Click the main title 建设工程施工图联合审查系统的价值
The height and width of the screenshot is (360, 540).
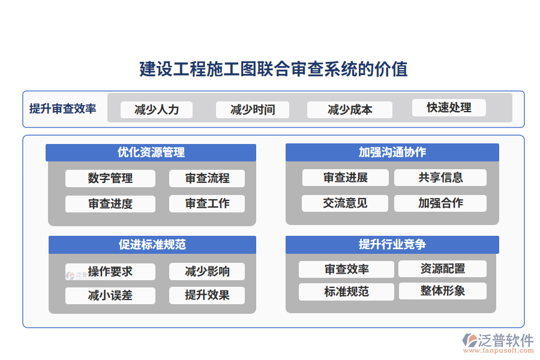click(274, 69)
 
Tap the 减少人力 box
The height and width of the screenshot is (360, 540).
click(157, 109)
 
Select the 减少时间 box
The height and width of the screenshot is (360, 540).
click(253, 109)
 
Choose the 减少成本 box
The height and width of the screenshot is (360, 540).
click(350, 109)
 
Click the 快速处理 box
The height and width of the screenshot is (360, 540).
click(449, 107)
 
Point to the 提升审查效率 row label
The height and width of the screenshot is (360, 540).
click(62, 109)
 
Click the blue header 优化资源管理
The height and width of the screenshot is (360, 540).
click(151, 152)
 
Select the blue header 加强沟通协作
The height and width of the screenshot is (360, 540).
click(392, 152)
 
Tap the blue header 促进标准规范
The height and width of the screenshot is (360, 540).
click(152, 244)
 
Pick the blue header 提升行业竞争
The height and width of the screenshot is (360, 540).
click(392, 244)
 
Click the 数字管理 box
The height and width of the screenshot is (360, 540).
click(110, 178)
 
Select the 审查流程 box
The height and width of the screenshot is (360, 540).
click(207, 178)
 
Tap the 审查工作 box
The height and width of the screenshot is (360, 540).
click(207, 203)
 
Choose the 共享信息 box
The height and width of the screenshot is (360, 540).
click(440, 177)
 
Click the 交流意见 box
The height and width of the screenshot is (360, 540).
click(345, 203)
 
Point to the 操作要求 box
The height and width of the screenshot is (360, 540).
click(110, 271)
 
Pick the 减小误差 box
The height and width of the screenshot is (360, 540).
click(110, 295)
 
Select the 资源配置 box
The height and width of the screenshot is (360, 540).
click(443, 268)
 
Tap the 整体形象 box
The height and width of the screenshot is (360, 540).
click(443, 291)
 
